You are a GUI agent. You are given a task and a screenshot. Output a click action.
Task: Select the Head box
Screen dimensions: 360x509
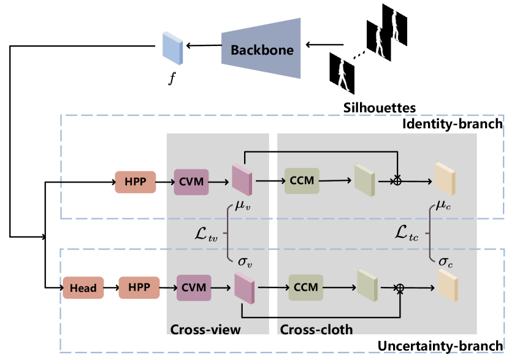83,288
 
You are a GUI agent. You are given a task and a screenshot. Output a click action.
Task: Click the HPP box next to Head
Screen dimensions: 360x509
139,287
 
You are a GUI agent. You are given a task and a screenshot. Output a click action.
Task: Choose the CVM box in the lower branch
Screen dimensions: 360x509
194,287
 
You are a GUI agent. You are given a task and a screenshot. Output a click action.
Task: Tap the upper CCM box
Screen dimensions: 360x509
302,180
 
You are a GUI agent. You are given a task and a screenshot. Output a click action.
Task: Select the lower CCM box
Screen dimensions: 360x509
305,287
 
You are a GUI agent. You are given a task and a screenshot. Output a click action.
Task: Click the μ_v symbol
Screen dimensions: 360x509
242,206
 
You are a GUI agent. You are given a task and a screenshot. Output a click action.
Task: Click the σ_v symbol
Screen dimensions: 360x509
244,262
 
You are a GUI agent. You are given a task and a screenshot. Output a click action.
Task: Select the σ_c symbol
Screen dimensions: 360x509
446,261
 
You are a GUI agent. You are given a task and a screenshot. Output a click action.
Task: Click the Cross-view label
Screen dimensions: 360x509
205,329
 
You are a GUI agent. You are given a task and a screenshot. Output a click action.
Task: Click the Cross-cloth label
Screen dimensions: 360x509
316,329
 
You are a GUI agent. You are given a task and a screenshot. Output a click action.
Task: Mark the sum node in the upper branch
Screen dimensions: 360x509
397,181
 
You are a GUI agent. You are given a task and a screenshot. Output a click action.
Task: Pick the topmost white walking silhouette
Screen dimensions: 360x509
396,26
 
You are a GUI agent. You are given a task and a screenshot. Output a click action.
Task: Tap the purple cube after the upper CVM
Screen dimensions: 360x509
242,180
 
